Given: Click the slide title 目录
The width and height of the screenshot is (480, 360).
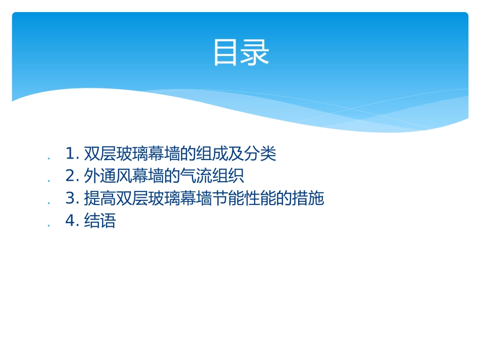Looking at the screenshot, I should click(241, 53).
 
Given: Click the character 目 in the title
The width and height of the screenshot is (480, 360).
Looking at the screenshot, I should click(226, 53).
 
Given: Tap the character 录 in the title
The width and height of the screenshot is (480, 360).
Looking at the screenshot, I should click(256, 53).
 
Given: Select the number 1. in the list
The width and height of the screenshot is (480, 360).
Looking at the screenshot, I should click(73, 153).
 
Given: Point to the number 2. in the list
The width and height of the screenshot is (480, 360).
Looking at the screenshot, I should click(73, 176).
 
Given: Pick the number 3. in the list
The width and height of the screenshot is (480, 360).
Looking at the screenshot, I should click(73, 198).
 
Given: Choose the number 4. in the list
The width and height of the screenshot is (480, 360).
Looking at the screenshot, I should click(73, 221).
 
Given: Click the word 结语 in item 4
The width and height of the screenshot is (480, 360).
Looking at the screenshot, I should click(100, 221).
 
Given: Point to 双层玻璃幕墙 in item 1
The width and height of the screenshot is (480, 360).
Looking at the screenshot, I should click(132, 153).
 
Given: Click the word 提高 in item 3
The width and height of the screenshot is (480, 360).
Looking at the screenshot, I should click(100, 198).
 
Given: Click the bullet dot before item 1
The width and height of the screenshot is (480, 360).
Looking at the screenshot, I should click(49, 158).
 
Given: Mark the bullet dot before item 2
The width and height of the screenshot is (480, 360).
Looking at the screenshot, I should click(49, 180).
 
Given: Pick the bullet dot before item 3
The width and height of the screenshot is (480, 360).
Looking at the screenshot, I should click(49, 203).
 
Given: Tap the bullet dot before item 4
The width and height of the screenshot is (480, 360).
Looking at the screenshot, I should click(49, 225).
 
